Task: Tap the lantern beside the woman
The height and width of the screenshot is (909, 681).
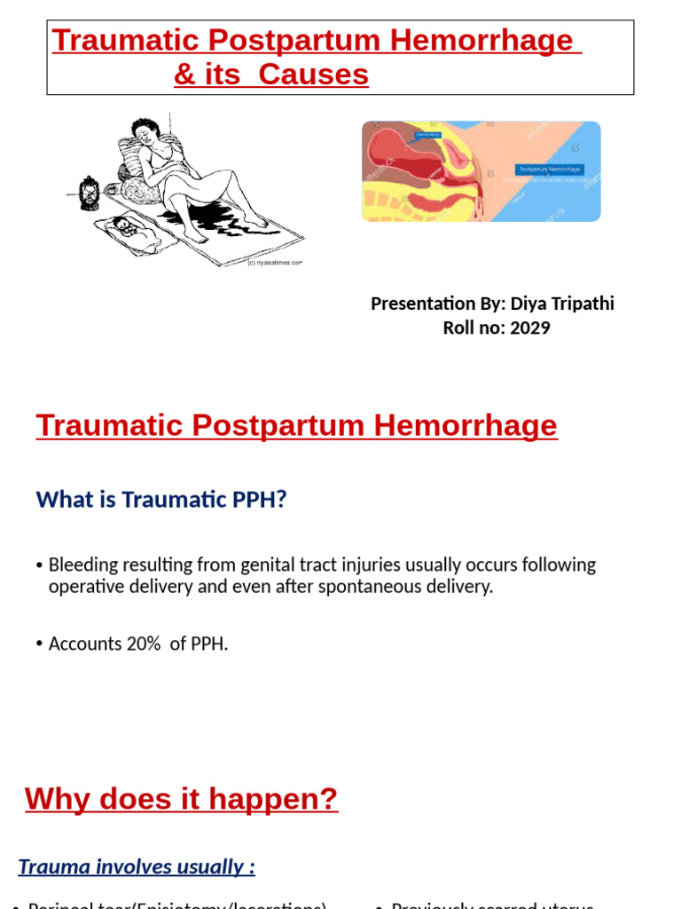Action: [90, 193]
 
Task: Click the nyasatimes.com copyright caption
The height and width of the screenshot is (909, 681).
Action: [275, 263]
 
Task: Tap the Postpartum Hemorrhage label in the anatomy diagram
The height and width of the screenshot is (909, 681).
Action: [549, 169]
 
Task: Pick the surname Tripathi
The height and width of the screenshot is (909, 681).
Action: [583, 304]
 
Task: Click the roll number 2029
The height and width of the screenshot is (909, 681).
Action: [530, 328]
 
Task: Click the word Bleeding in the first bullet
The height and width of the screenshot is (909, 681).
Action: [82, 565]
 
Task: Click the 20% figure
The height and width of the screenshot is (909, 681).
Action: [144, 644]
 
